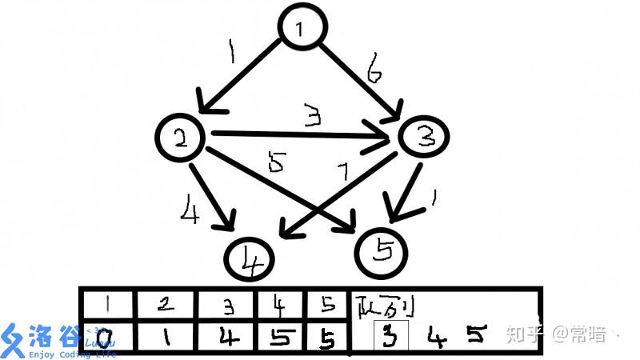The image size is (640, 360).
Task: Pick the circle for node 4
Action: coord(250,259)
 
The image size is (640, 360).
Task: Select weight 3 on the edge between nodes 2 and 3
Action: coord(312,118)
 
